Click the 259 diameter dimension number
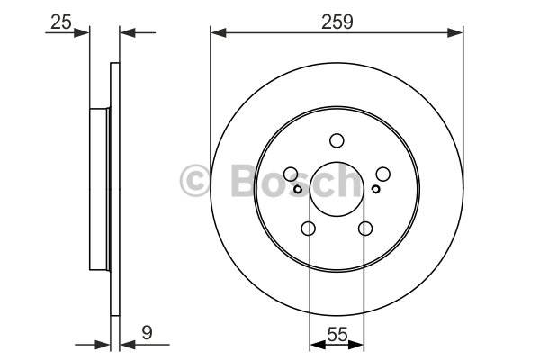coord(337,22)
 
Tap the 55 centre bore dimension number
coord(337,335)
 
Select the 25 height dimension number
coord(61,22)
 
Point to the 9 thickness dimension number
coord(147,333)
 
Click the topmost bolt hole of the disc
coord(337,140)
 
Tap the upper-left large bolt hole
coord(291,174)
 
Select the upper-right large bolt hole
coord(383,174)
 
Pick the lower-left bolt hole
coord(308,228)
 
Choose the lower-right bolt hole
coord(365,228)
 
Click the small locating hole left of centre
coord(298,189)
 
